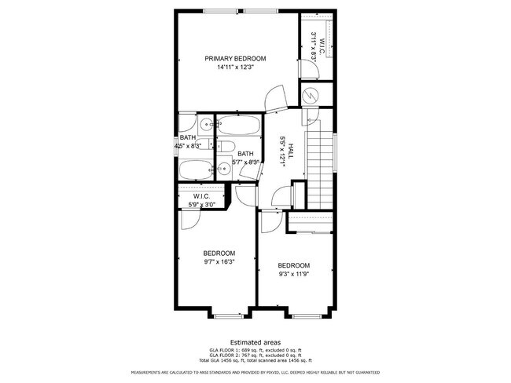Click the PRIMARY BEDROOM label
(x=235, y=58)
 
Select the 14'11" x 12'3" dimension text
(x=235, y=67)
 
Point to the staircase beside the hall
(x=319, y=169)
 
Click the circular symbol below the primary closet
(x=313, y=94)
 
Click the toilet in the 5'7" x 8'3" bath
(x=226, y=147)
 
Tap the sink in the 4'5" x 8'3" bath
(x=205, y=123)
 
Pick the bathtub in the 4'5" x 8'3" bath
(x=195, y=169)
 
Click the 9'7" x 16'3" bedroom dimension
(x=219, y=262)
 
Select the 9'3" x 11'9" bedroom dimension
(x=294, y=275)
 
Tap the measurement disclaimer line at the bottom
(x=255, y=372)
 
